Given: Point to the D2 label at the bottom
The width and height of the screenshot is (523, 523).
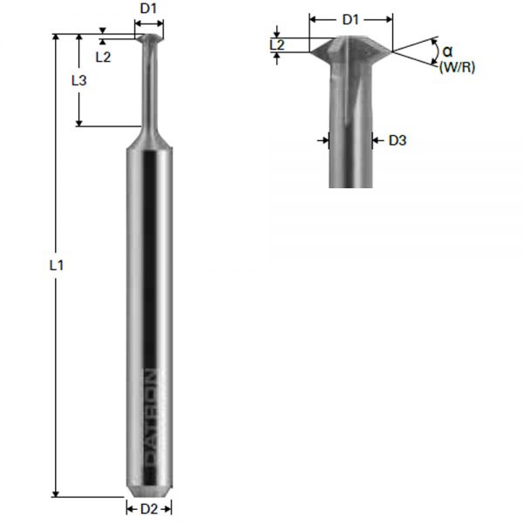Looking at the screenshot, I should click(x=149, y=508).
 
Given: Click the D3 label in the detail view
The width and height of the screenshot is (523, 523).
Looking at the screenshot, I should click(x=397, y=139).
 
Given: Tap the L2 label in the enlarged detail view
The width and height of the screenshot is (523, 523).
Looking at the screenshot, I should click(x=276, y=44).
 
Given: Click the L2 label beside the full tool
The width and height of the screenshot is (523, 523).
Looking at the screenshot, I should click(x=103, y=57).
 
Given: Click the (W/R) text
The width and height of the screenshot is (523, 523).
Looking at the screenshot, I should click(x=457, y=67).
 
